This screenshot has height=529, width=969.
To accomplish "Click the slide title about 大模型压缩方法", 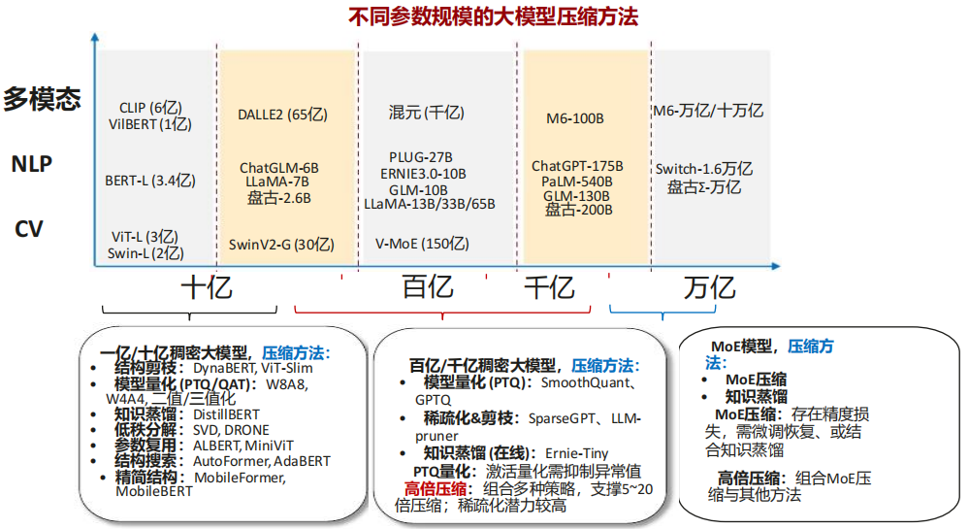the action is [494, 17].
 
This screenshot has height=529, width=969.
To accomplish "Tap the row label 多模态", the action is [41, 99].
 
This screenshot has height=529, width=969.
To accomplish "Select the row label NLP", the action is [31, 163].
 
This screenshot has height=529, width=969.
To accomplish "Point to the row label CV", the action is [28, 230].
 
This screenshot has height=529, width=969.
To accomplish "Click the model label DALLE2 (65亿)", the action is [282, 115].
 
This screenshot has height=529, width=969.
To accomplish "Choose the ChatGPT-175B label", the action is [577, 166].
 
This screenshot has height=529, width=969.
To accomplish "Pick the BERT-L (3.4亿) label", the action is [150, 180].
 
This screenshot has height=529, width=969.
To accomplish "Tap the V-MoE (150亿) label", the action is [422, 244].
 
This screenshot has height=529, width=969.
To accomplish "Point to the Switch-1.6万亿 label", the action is [704, 169].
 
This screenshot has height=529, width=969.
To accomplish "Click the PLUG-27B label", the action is [421, 157].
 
